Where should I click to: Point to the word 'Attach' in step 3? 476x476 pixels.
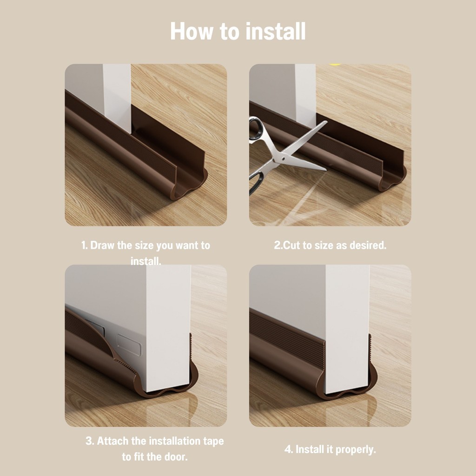coord(112,441)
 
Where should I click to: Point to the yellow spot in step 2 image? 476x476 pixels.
coord(335,65)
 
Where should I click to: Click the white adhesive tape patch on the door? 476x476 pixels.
coord(129,345)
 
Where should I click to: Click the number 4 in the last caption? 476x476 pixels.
coord(287,450)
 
